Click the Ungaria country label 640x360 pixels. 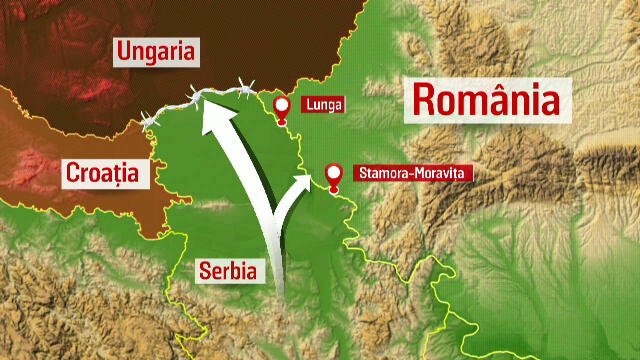click(158, 51)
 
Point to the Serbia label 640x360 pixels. click(226, 270)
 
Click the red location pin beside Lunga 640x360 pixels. click(281, 107)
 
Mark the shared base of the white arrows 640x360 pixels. click(280, 290)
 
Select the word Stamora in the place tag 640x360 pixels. click(379, 173)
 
